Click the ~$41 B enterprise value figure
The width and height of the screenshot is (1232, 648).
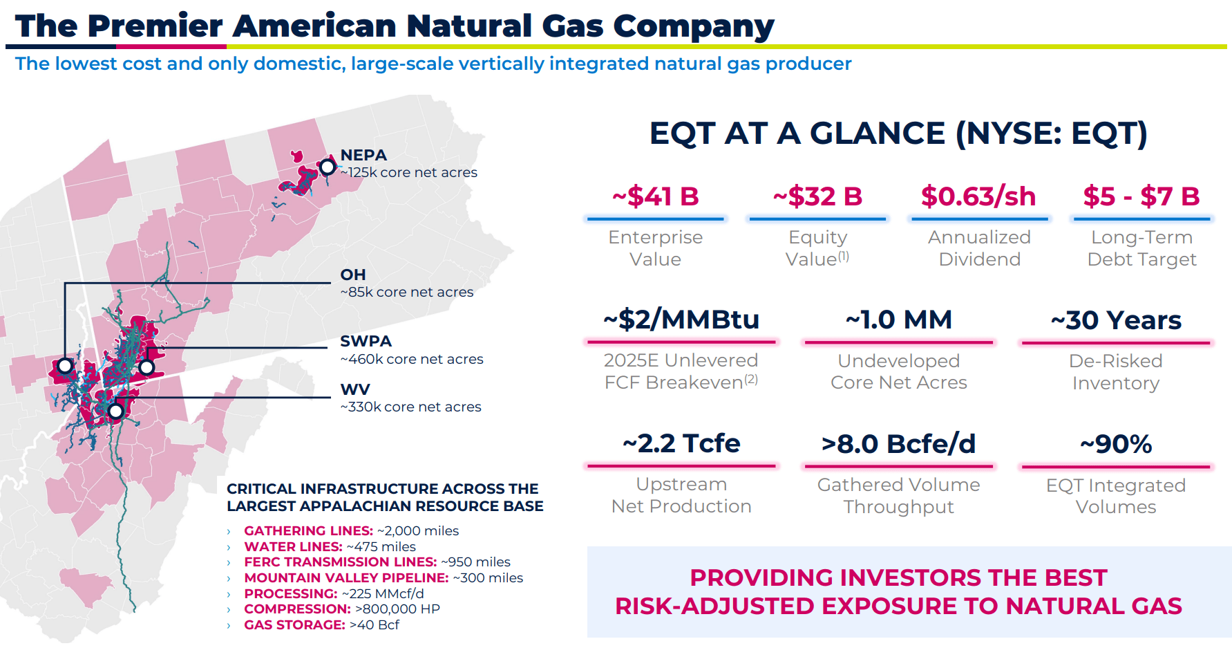[655, 196]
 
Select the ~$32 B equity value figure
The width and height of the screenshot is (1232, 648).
[817, 196]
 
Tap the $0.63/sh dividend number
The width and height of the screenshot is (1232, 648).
[978, 196]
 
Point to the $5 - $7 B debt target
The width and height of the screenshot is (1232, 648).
[1141, 196]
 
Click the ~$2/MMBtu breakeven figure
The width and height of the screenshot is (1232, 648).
[681, 320]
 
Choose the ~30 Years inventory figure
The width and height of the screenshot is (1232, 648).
[1115, 320]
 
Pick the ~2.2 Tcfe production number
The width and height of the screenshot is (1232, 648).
[681, 443]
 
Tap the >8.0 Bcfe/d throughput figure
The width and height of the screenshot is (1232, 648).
[898, 444]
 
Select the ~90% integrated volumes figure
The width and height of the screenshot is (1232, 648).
[1115, 444]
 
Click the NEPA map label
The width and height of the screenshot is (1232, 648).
[363, 156]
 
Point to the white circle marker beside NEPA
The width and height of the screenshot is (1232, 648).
[328, 167]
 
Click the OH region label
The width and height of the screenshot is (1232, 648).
[352, 275]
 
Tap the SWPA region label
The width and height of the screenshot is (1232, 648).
[366, 342]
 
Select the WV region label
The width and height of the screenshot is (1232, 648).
[355, 390]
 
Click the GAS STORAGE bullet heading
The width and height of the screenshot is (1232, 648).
[294, 625]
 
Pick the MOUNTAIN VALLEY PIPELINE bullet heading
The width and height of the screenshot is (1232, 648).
[346, 578]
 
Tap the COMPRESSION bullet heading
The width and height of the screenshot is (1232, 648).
[297, 609]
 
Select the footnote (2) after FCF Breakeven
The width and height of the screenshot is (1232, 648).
[751, 379]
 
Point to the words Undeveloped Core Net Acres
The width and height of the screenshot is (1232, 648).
[898, 371]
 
